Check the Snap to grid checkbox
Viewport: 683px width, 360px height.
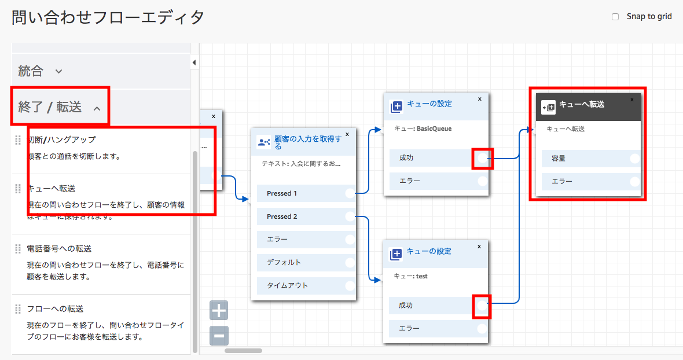[x=615, y=17]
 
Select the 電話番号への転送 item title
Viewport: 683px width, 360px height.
[x=59, y=248]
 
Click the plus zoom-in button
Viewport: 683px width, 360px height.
[x=219, y=311]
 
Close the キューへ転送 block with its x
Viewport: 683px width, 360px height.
[x=632, y=99]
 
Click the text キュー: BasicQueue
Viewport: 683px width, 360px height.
[x=423, y=128]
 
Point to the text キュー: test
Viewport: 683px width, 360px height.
[x=410, y=276]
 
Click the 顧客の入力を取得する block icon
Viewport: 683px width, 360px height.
[x=263, y=142]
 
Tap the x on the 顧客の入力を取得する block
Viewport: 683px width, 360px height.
[x=347, y=134]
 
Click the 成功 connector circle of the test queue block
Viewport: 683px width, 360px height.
[x=482, y=306]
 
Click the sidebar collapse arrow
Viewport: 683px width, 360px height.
[x=194, y=63]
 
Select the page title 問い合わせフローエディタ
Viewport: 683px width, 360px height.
[x=108, y=17]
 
